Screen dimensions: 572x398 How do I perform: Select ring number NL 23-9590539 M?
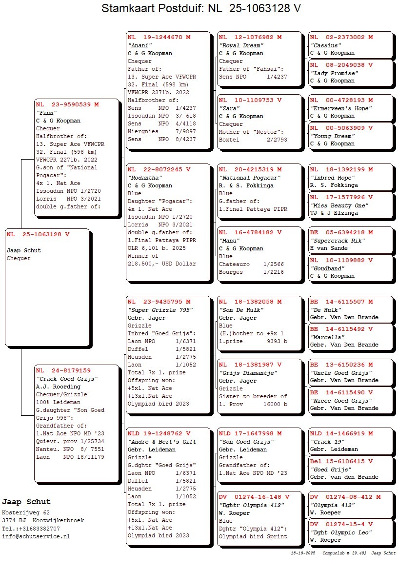tap(67, 104)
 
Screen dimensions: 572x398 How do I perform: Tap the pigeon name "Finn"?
tap(45, 112)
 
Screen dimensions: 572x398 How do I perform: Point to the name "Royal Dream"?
tap(241, 45)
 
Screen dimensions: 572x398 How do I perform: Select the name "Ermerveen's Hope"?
tap(340, 108)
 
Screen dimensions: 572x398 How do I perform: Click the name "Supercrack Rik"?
tap(337, 241)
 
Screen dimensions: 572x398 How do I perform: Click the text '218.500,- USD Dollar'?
tap(161, 264)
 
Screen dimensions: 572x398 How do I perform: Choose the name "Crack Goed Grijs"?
tap(67, 379)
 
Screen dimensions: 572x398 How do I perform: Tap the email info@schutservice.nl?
tap(36, 536)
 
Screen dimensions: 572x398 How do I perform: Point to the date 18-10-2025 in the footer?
tap(303, 553)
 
